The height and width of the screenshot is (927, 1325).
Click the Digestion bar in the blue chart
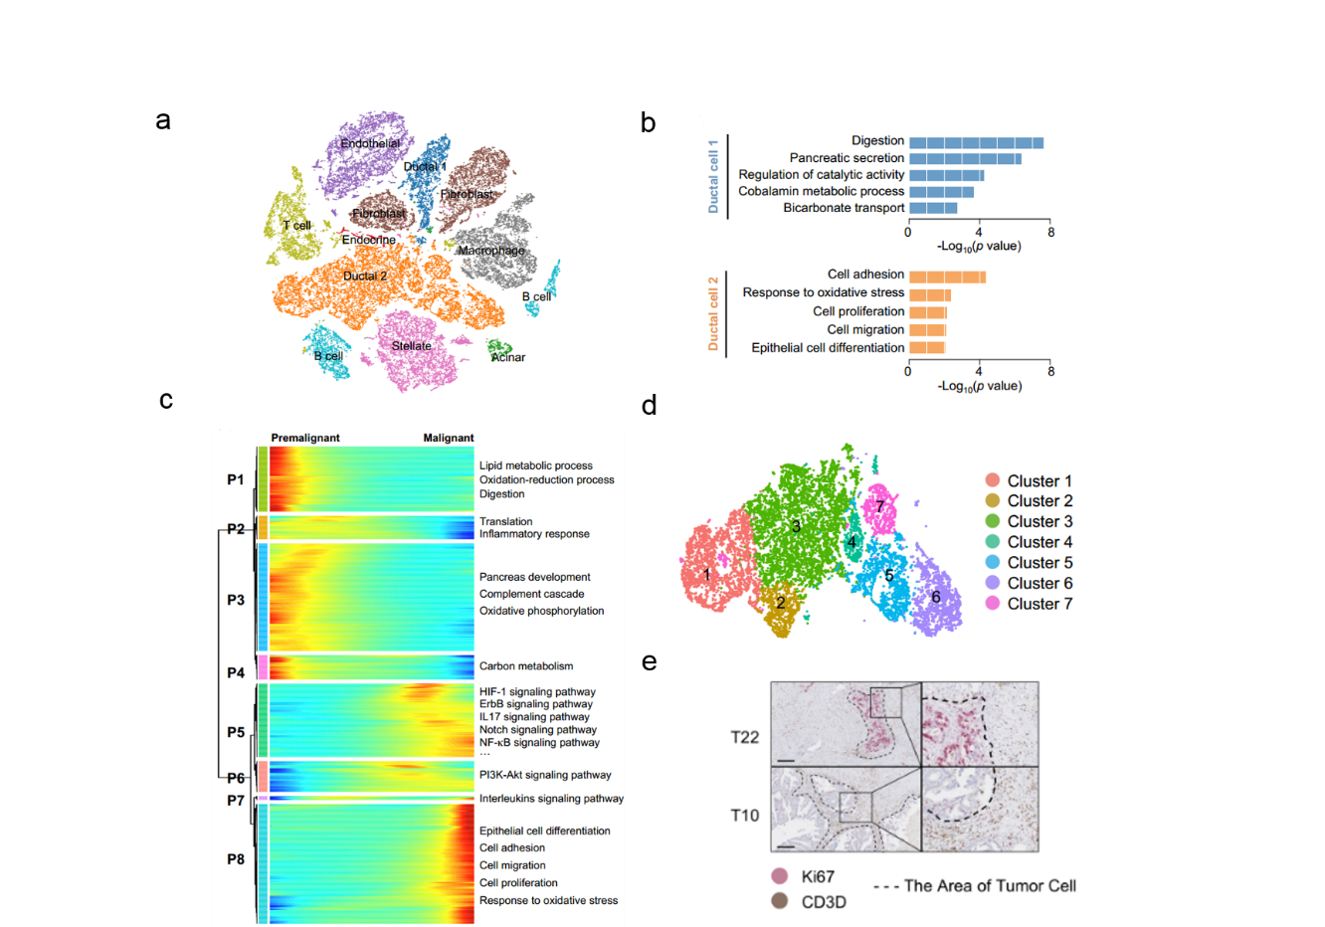pyautogui.click(x=976, y=142)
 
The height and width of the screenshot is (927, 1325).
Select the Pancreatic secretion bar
pyautogui.click(x=965, y=158)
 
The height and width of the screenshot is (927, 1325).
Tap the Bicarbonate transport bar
pyautogui.click(x=933, y=208)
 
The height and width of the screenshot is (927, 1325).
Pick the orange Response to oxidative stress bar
pyautogui.click(x=930, y=294)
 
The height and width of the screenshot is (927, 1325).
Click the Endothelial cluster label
pyautogui.click(x=370, y=144)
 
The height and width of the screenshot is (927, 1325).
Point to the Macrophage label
pyautogui.click(x=491, y=251)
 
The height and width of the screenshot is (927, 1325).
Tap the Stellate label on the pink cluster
pyautogui.click(x=412, y=346)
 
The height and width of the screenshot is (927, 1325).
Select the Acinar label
pyautogui.click(x=508, y=357)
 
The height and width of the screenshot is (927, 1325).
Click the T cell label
pyautogui.click(x=296, y=226)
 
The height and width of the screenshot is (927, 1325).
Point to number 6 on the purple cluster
pyautogui.click(x=935, y=597)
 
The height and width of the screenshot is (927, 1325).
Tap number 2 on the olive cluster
pyautogui.click(x=781, y=603)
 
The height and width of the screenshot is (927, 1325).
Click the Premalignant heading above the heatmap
pyautogui.click(x=305, y=438)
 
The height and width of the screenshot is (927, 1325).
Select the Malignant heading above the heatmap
pyautogui.click(x=449, y=438)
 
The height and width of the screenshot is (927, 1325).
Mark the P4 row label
pyautogui.click(x=236, y=672)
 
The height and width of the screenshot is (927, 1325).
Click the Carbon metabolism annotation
pyautogui.click(x=526, y=666)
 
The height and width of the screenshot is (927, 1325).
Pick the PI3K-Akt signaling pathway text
pyautogui.click(x=545, y=775)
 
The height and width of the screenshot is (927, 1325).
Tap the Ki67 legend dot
pyautogui.click(x=781, y=876)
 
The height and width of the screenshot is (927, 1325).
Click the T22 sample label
pyautogui.click(x=744, y=737)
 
